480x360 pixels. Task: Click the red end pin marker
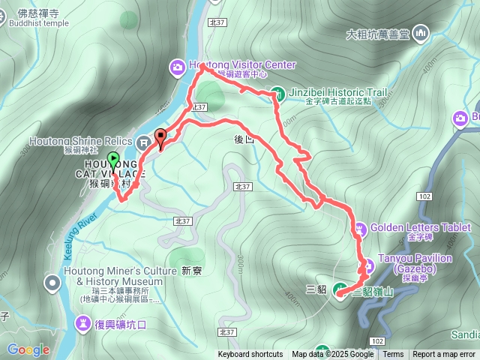pyautogui.click(x=160, y=137)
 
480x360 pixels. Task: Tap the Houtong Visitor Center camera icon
pyautogui.click(x=178, y=66)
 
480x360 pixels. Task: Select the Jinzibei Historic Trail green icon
pyautogui.click(x=277, y=94)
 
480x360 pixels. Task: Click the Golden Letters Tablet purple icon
pyautogui.click(x=359, y=226)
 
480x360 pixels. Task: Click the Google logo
pyautogui.click(x=28, y=349)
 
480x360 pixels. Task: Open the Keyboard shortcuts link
pyautogui.click(x=250, y=355)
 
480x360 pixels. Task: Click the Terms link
pyautogui.click(x=393, y=355)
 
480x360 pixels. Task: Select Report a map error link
pyautogui.click(x=444, y=355)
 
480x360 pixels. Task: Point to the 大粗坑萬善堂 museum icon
pyautogui.click(x=420, y=33)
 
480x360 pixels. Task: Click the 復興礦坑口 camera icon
pyautogui.click(x=81, y=323)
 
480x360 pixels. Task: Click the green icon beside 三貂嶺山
pyautogui.click(x=339, y=289)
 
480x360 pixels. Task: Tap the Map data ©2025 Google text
pyautogui.click(x=332, y=355)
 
